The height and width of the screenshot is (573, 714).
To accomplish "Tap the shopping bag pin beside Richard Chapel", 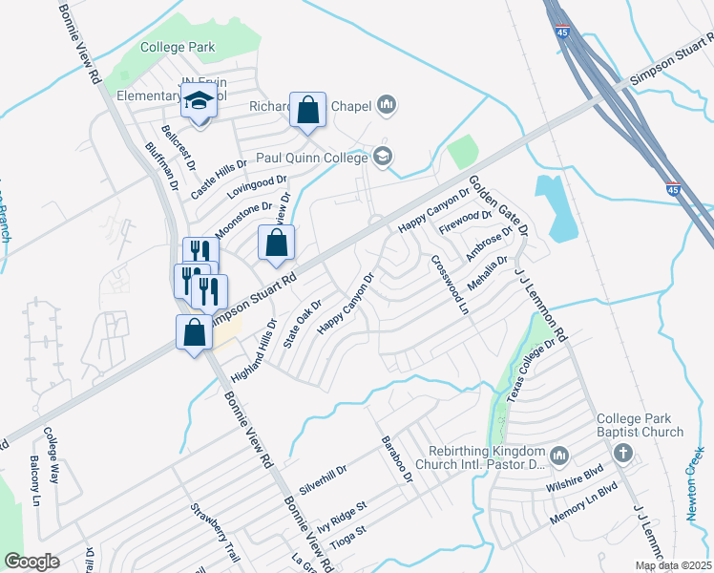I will tap(308, 112).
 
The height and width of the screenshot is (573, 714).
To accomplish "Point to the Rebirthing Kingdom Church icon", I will tap(559, 454).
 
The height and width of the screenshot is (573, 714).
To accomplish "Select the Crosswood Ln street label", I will tap(451, 285).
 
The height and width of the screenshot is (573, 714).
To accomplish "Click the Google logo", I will tap(31, 562).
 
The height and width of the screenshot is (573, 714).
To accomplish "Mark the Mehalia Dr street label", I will tap(487, 273).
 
